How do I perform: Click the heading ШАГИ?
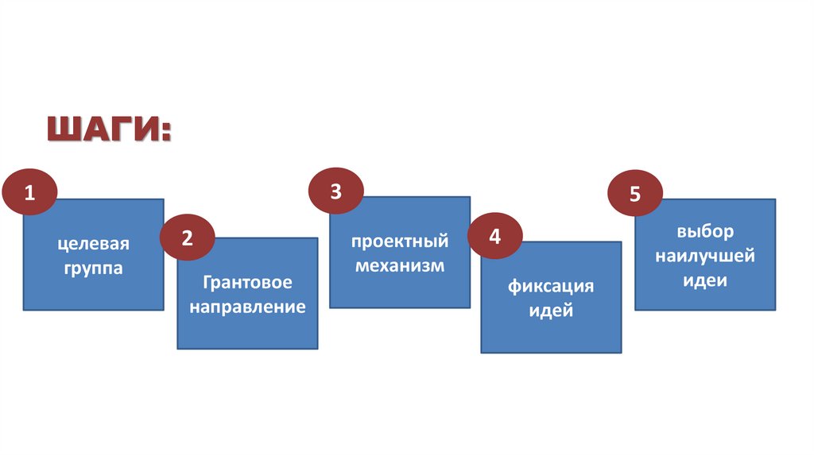click(108, 128)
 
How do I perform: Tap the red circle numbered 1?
click(30, 192)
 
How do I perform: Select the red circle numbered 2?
click(188, 238)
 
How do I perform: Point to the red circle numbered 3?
click(336, 191)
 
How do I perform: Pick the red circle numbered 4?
click(495, 237)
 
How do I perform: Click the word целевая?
click(93, 244)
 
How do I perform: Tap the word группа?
click(93, 268)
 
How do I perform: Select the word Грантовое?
click(247, 283)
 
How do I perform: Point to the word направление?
click(247, 307)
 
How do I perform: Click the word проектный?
click(400, 241)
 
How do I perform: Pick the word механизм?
click(400, 265)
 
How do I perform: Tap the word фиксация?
click(551, 286)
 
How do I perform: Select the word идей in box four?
click(551, 310)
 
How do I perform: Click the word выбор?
click(705, 232)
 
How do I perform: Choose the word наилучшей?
click(705, 257)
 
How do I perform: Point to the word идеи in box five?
click(705, 280)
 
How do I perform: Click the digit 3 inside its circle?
click(336, 191)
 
